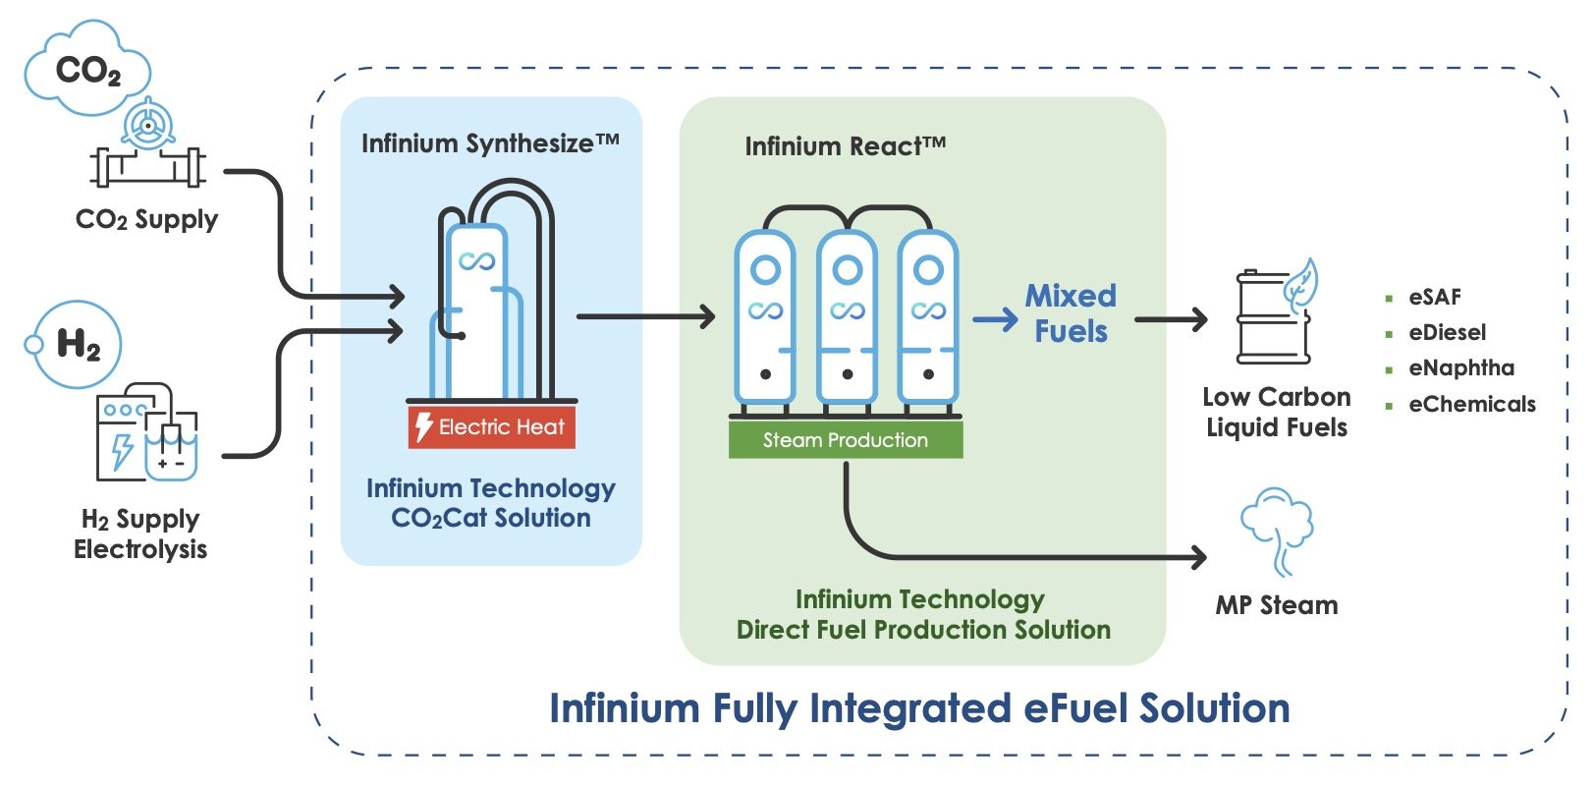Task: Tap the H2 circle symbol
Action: (x=78, y=345)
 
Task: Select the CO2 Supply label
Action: (x=146, y=219)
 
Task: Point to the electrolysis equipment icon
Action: (x=146, y=432)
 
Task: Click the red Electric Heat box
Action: (x=491, y=426)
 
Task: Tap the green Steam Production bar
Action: (x=845, y=439)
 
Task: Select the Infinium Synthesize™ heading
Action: (x=490, y=143)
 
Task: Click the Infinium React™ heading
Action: (x=845, y=146)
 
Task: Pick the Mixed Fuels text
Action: (x=1071, y=313)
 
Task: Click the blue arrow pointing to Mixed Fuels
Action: (x=995, y=319)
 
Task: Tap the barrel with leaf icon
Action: (x=1274, y=314)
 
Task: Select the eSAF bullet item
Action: (x=1434, y=297)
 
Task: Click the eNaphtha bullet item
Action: (x=1460, y=368)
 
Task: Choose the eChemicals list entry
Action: (x=1470, y=404)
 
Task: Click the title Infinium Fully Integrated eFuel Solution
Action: (x=919, y=707)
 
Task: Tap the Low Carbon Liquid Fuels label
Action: (x=1276, y=412)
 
